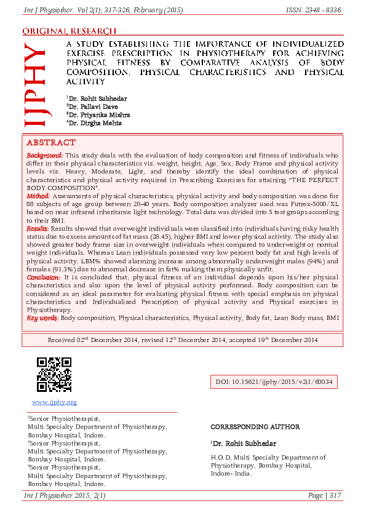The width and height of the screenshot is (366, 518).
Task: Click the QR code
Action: pos(54,375)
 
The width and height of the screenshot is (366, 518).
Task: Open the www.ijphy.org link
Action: pos(54,402)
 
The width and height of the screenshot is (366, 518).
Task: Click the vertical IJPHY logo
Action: pos(35,86)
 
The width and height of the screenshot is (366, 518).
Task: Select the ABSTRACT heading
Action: pos(51,142)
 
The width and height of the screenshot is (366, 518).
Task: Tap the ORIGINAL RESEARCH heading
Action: pos(69,31)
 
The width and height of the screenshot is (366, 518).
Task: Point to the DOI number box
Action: pos(274,382)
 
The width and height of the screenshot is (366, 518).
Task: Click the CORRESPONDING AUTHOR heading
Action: pos(255,426)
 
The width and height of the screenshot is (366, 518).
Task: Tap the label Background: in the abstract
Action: pos(45,156)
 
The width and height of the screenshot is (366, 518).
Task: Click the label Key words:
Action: pos(42,318)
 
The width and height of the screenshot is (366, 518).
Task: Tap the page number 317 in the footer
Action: pos(335,495)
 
